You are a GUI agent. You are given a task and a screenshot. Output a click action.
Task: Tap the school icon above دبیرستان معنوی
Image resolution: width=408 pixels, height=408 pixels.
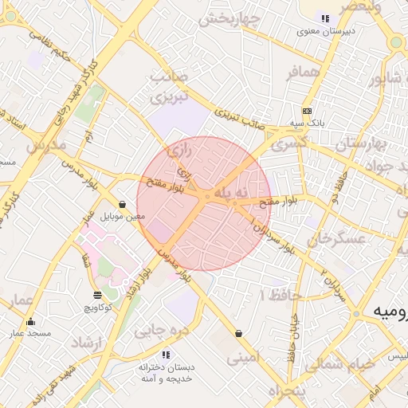(x=324, y=18)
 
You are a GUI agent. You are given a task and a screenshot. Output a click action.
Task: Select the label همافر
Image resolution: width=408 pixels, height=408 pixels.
(x=303, y=73)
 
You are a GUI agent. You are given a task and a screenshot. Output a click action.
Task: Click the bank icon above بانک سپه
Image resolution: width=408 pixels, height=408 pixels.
(x=308, y=111)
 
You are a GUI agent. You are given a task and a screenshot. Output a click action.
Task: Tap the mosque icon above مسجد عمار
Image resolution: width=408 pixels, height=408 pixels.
(x=31, y=322)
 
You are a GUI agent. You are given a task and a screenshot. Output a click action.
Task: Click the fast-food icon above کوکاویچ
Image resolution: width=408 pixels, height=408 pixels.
(x=97, y=295)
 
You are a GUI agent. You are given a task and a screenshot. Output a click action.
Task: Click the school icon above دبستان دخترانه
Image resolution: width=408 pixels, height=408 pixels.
(x=166, y=354)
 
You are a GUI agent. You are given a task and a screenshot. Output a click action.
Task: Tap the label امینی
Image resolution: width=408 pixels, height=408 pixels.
(x=243, y=358)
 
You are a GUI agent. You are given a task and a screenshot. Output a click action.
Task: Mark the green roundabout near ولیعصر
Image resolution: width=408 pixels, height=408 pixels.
(x=396, y=41)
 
